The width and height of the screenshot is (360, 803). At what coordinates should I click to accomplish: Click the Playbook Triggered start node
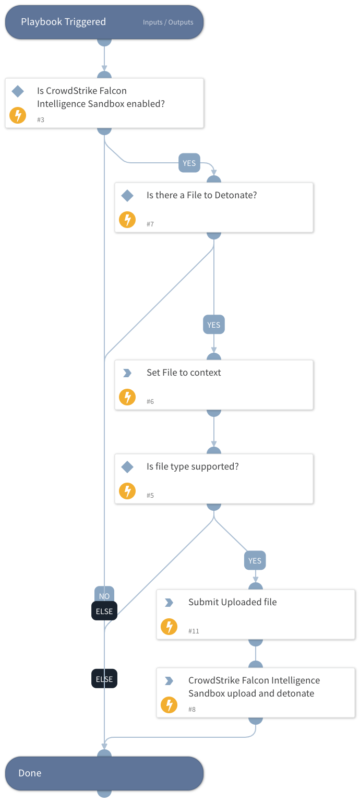pyautogui.click(x=63, y=22)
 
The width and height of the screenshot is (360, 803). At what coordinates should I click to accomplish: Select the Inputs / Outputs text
pyautogui.click(x=168, y=22)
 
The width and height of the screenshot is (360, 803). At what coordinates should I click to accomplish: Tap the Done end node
pyautogui.click(x=104, y=773)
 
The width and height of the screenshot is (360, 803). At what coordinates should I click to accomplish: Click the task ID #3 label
pyautogui.click(x=41, y=120)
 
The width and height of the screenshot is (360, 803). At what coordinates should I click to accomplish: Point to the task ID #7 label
pyautogui.click(x=150, y=224)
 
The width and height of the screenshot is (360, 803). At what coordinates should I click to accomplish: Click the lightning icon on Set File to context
pyautogui.click(x=127, y=397)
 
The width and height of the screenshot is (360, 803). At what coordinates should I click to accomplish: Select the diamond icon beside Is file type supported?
pyautogui.click(x=127, y=467)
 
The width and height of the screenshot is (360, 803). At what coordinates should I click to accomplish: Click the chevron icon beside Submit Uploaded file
pyautogui.click(x=169, y=603)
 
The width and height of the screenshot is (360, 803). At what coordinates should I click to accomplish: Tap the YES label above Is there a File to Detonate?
pyautogui.click(x=189, y=163)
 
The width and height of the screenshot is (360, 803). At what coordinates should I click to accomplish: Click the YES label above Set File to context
pyautogui.click(x=214, y=325)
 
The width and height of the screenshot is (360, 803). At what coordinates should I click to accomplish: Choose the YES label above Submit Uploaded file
pyautogui.click(x=255, y=560)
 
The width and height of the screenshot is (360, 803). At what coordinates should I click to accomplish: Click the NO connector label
pyautogui.click(x=104, y=595)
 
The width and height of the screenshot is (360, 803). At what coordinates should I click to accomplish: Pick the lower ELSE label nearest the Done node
pyautogui.click(x=104, y=679)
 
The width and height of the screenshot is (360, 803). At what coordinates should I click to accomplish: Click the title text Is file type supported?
pyautogui.click(x=193, y=466)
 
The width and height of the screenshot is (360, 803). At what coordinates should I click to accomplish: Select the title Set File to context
pyautogui.click(x=184, y=373)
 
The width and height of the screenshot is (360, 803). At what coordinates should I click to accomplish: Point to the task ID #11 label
pyautogui.click(x=194, y=631)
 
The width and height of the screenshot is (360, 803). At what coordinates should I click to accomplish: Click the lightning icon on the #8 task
pyautogui.click(x=169, y=705)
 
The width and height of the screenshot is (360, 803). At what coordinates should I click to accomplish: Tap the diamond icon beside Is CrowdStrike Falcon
pyautogui.click(x=18, y=91)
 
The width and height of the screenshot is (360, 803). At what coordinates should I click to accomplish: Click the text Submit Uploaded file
pyautogui.click(x=232, y=602)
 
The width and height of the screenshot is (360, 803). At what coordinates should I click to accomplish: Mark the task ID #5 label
pyautogui.click(x=150, y=496)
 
